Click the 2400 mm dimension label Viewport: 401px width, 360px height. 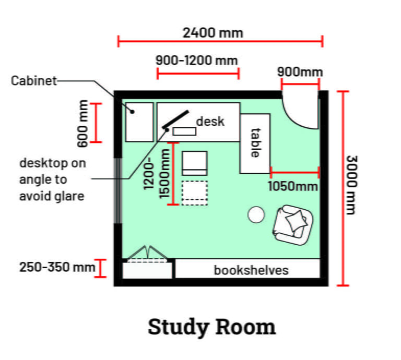(x=213, y=32)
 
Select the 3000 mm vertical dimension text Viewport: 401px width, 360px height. (x=350, y=185)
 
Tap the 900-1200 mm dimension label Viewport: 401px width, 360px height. (x=196, y=61)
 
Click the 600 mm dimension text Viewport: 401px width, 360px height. (x=82, y=123)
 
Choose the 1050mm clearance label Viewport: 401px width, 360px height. (x=293, y=186)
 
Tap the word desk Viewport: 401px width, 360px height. (x=210, y=121)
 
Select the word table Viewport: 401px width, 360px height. (x=255, y=143)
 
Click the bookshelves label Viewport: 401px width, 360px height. (x=251, y=270)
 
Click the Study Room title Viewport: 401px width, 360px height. (x=211, y=327)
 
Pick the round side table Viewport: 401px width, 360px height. (x=256, y=214)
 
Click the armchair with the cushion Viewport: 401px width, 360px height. (x=293, y=223)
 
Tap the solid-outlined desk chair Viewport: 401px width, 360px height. (x=194, y=163)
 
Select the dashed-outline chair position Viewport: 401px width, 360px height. (x=194, y=191)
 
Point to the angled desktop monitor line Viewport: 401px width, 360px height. (x=175, y=119)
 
